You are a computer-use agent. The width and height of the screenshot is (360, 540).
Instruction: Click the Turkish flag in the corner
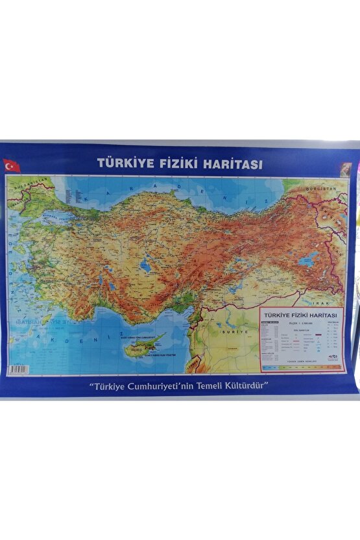[11, 166]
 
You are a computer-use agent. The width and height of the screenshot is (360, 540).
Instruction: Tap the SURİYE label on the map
[235, 331]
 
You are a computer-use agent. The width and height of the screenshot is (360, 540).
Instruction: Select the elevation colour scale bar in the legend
[302, 368]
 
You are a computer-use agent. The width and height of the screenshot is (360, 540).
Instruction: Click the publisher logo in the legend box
[332, 356]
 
